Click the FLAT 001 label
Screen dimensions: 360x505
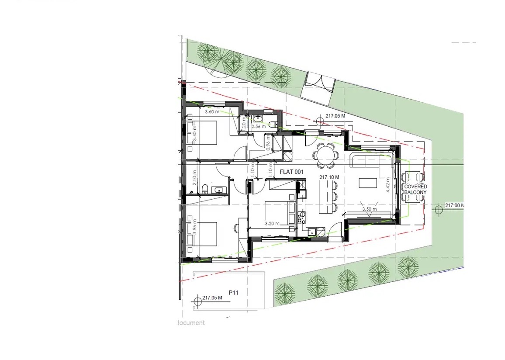tap(291, 172)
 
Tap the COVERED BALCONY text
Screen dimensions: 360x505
tap(415, 189)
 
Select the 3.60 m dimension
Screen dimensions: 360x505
tap(212, 112)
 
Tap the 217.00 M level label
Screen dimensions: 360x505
tap(454, 205)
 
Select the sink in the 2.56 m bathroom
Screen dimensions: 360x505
tap(258, 119)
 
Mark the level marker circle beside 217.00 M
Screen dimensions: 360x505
tap(439, 210)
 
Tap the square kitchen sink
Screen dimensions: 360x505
tap(312, 232)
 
